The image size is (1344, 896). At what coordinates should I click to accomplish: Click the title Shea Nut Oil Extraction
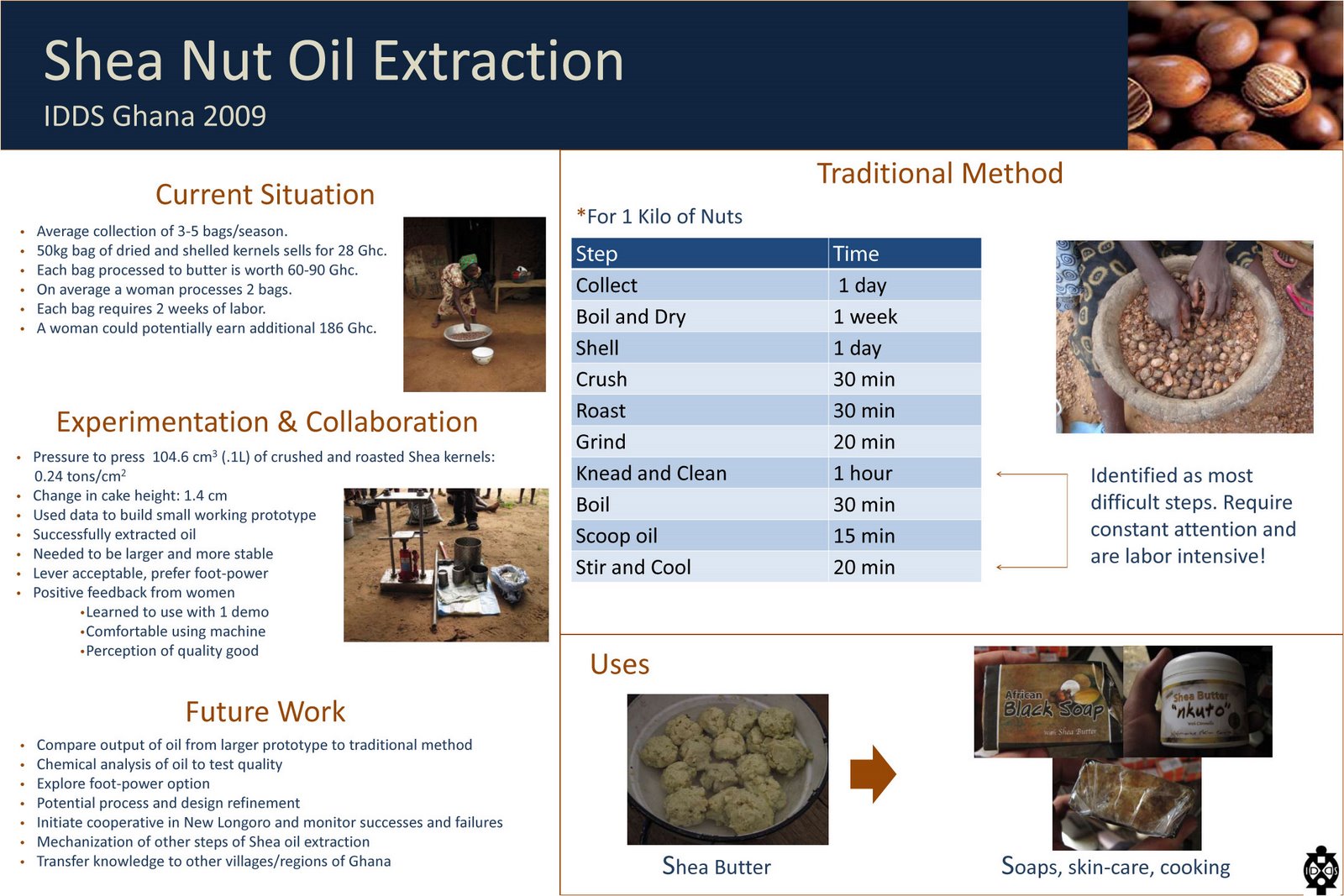333,61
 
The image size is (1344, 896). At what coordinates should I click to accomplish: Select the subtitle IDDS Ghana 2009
155,116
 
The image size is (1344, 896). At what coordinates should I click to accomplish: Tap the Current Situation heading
265,195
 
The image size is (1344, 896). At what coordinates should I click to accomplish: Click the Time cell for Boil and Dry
865,317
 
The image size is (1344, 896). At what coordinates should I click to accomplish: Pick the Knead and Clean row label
651,474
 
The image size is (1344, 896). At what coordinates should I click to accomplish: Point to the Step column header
596,254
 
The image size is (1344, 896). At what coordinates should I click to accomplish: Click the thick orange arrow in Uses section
872,773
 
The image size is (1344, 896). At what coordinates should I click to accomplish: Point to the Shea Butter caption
716,867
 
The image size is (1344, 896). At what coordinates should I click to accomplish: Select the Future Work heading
265,712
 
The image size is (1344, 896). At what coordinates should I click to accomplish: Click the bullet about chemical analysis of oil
160,764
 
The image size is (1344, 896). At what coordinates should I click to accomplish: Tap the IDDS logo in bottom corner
1320,871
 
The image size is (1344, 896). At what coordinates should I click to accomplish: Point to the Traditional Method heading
939,174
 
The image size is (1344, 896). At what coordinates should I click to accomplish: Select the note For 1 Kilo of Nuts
659,217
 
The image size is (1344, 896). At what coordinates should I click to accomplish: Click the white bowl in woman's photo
482,355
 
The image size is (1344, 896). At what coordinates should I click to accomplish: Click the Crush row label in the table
601,380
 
